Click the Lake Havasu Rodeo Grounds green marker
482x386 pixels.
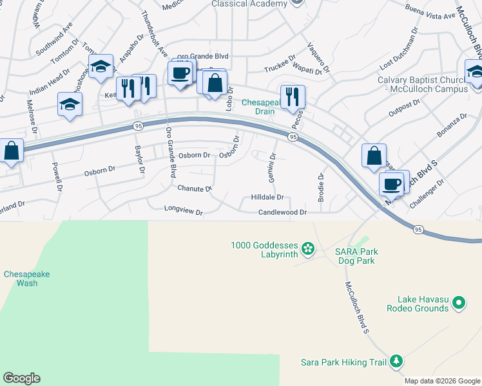tap(459, 302)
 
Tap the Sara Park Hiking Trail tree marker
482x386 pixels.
tap(396, 362)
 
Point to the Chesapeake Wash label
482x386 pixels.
tap(26, 279)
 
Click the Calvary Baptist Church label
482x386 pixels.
tap(422, 84)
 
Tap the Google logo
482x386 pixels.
tap(21, 378)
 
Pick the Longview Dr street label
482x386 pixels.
tap(183, 209)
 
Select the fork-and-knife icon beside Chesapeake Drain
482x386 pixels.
tap(293, 96)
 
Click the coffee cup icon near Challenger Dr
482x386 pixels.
tap(391, 184)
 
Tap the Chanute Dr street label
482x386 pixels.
tap(195, 188)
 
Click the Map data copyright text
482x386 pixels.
tap(442, 381)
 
